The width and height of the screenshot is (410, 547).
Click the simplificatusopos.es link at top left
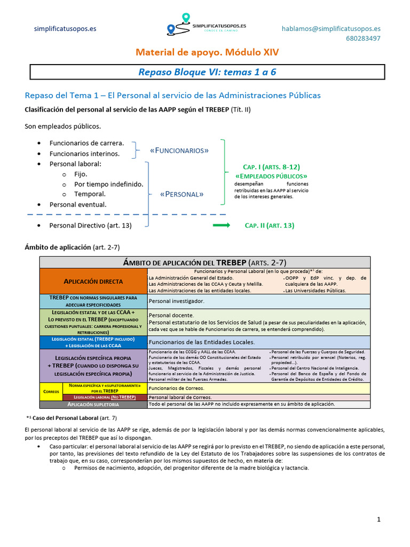(x=65, y=29)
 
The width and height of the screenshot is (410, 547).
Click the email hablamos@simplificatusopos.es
(x=331, y=29)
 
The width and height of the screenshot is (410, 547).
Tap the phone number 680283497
(x=363, y=38)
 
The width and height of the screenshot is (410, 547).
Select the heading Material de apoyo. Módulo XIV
(x=207, y=52)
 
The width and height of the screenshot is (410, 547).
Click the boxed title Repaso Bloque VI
(x=207, y=72)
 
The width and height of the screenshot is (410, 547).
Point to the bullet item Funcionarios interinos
(x=84, y=153)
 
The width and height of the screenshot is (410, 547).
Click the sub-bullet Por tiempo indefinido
(x=108, y=184)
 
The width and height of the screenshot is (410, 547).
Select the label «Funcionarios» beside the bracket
(x=179, y=151)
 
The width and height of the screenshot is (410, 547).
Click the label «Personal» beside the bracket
(x=182, y=194)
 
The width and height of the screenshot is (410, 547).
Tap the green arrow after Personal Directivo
(x=221, y=225)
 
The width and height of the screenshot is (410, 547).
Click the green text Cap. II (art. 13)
(x=269, y=225)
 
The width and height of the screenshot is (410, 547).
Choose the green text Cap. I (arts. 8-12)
(x=271, y=167)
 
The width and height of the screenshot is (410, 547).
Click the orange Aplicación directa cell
(x=93, y=281)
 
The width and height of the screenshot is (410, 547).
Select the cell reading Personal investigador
(x=176, y=301)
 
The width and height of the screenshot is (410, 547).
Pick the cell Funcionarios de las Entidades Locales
(x=201, y=342)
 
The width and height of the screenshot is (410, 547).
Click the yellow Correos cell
(x=51, y=391)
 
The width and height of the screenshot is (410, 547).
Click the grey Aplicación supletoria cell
(x=93, y=404)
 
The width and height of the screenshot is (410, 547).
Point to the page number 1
(x=378, y=519)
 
